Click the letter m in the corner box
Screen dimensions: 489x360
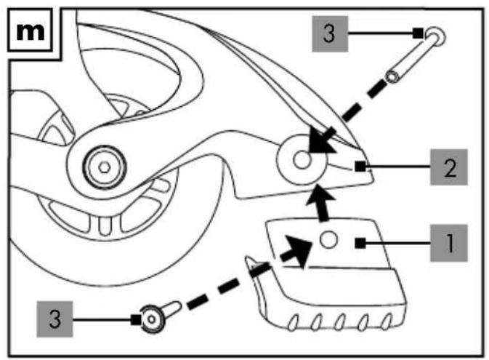pyautogui.click(x=31, y=31)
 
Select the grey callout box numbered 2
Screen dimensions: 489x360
pyautogui.click(x=449, y=167)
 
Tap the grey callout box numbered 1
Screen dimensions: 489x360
pyautogui.click(x=449, y=243)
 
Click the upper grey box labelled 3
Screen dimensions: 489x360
pyautogui.click(x=330, y=33)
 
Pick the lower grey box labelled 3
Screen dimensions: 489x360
pyautogui.click(x=55, y=319)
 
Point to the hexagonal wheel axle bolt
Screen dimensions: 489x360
pyautogui.click(x=105, y=167)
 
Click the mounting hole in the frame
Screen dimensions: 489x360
pyautogui.click(x=302, y=160)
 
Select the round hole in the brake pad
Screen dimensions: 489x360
pyautogui.click(x=328, y=240)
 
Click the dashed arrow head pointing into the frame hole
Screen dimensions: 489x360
pyautogui.click(x=321, y=141)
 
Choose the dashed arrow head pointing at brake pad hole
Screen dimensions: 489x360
pyautogui.click(x=299, y=249)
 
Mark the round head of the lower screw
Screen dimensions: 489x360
pyautogui.click(x=152, y=319)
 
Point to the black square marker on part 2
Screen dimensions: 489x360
pyautogui.click(x=360, y=167)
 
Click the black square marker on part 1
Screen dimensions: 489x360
pyautogui.click(x=360, y=243)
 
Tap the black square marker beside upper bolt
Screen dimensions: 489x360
pyautogui.click(x=418, y=33)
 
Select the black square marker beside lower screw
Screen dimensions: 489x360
pyautogui.click(x=136, y=320)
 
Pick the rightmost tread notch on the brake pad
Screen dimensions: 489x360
pyautogui.click(x=387, y=321)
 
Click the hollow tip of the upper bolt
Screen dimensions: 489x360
pyautogui.click(x=392, y=77)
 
